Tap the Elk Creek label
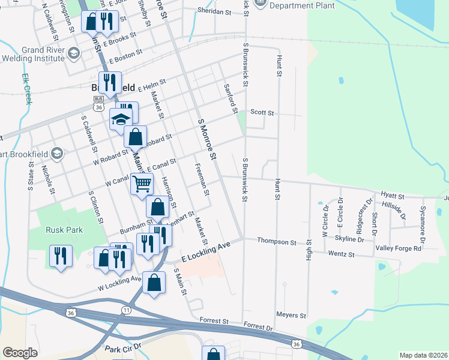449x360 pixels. pos(26,89)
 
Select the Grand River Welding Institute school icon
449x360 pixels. pos(74,53)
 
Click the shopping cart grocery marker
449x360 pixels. pos(142,184)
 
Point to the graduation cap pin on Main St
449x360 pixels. pos(121,119)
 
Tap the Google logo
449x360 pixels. pos(20,353)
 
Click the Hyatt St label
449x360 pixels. pos(393,196)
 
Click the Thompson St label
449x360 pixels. pos(277,241)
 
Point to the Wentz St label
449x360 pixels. pos(340,255)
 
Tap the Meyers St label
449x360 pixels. pos(291,315)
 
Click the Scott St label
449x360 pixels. pos(262,112)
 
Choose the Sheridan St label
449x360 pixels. pos(214,11)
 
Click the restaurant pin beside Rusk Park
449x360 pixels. pos(61,255)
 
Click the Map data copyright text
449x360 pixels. pos(423,355)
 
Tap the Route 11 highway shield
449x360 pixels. pos(126,310)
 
